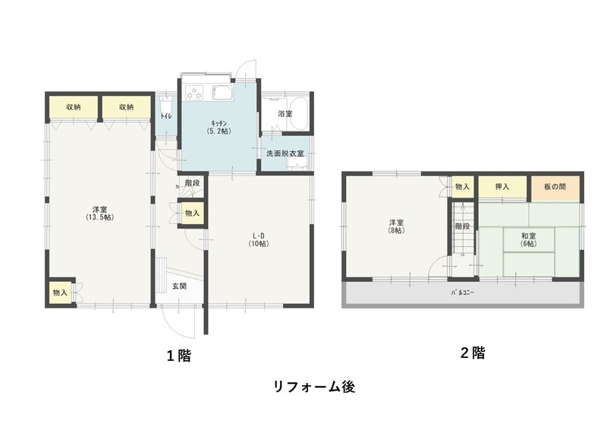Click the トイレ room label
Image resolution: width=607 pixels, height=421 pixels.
click(166, 116)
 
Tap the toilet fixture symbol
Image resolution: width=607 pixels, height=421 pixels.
click(167, 103)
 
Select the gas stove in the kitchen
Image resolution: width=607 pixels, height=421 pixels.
click(195, 93)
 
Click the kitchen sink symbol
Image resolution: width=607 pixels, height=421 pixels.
click(222, 92)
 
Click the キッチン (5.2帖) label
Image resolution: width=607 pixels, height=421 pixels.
click(219, 127)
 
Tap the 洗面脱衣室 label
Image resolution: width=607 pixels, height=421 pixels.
click(285, 154)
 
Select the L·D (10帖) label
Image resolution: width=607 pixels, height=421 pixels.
click(259, 239)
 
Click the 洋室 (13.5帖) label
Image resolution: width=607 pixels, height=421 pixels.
click(100, 213)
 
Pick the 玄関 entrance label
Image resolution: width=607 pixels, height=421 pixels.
click(179, 286)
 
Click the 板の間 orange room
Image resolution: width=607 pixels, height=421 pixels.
click(555, 188)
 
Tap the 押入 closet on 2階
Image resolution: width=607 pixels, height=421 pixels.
click(502, 188)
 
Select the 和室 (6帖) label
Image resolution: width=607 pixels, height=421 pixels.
click(528, 239)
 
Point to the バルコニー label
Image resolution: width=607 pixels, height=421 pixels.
click(463, 293)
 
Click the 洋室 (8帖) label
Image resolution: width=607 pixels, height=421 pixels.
click(396, 226)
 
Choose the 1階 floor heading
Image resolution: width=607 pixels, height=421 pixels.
click(179, 355)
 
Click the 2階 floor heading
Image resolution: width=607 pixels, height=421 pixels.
click(472, 353)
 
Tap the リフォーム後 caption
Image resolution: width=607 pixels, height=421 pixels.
click(314, 387)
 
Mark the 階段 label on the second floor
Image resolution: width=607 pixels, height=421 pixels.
click(462, 226)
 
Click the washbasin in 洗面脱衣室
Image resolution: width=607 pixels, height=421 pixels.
click(297, 164)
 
